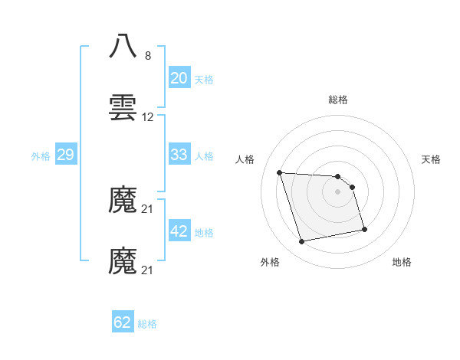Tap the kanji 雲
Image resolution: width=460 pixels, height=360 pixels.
point(123,108)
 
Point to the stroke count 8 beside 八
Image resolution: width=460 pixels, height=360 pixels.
point(148,55)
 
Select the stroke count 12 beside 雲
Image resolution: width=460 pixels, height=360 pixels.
point(148,117)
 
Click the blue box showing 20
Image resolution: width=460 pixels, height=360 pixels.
point(179,78)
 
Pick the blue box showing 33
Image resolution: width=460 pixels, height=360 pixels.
point(179,155)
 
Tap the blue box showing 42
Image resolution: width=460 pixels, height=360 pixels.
point(179,231)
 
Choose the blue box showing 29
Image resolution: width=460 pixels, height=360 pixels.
point(65,155)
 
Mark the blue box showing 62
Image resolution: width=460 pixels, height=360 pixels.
point(123,322)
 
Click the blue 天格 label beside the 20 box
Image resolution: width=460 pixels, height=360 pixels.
point(204,80)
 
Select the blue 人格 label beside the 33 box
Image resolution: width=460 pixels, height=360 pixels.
point(204,156)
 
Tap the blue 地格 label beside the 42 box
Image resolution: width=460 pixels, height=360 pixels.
point(204,233)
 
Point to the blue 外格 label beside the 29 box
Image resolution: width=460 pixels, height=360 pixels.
point(41,156)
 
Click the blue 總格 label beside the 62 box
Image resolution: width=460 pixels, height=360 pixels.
point(147,324)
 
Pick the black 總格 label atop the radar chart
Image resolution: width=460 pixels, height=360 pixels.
point(338,100)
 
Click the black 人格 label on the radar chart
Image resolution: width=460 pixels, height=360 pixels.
point(245,159)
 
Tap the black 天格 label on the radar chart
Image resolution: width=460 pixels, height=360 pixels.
point(431,159)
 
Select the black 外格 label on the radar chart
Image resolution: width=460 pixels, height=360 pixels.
point(270,262)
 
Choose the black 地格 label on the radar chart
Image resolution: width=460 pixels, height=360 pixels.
point(402,262)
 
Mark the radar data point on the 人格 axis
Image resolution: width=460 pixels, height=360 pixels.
point(280,172)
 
